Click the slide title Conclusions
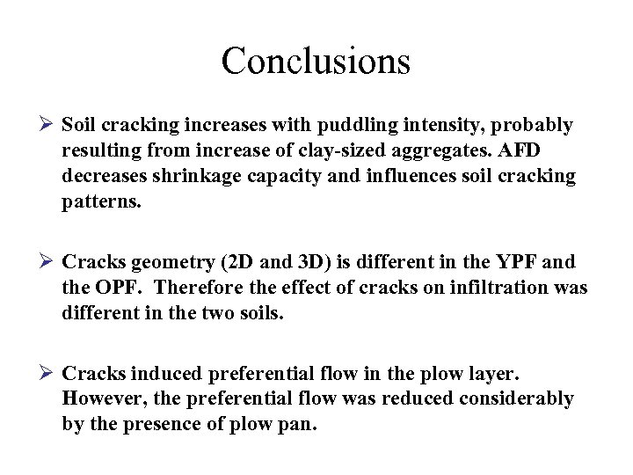pyautogui.click(x=316, y=61)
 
